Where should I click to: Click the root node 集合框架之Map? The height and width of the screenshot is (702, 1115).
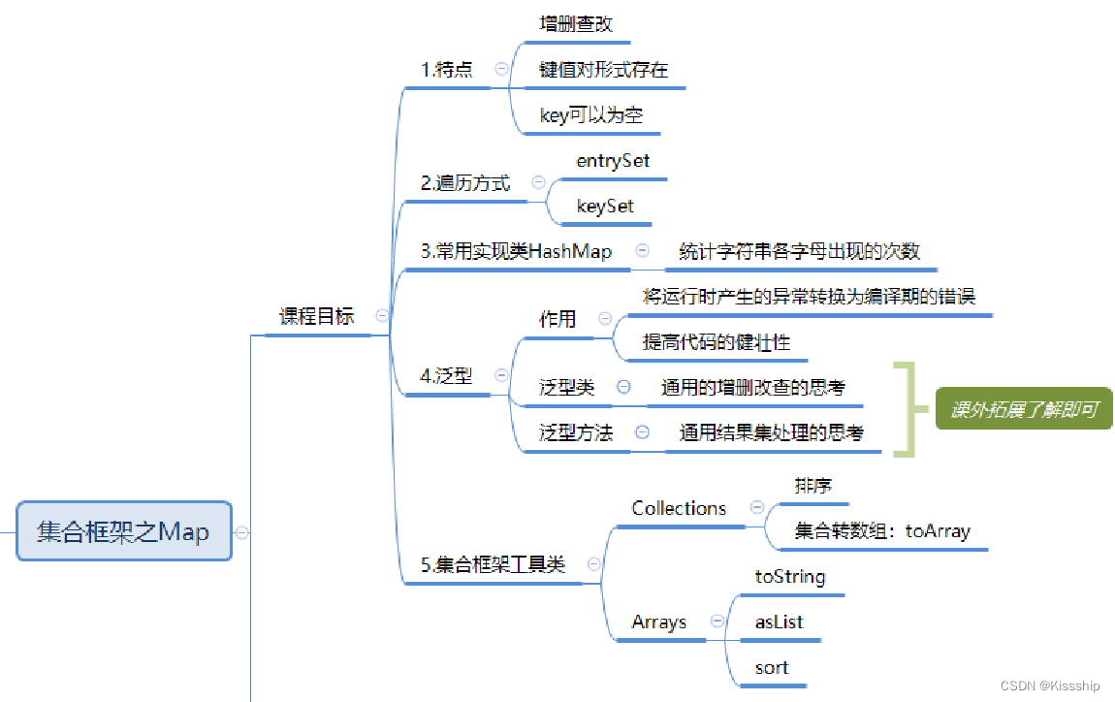pos(124,531)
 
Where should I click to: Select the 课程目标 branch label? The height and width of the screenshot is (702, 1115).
pos(317,316)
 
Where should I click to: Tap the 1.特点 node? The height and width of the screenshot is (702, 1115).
pos(447,70)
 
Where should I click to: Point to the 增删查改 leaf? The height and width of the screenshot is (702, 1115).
pos(576,24)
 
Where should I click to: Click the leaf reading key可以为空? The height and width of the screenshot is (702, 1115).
pos(591,116)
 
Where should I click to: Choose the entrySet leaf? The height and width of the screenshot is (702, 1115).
pos(613,161)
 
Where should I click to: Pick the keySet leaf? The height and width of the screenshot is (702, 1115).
pos(605,206)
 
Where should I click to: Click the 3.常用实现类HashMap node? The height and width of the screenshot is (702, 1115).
pos(517,252)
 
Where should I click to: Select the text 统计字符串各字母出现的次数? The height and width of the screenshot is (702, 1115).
pos(799,252)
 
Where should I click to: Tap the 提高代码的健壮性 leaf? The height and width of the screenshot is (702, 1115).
pos(717,342)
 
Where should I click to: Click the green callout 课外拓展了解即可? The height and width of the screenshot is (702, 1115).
pos(1024,410)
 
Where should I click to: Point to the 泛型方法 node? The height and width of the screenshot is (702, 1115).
pos(576,433)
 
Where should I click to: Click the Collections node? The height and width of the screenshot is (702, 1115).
pos(679,508)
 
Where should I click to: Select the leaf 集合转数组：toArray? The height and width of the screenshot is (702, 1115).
pos(882,531)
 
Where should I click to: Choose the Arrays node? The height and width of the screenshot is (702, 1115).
pos(659,622)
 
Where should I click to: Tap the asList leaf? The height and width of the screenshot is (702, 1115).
pos(779,622)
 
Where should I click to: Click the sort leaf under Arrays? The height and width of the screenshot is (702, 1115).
pos(772,668)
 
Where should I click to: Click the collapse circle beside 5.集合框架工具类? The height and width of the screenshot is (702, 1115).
pos(594,564)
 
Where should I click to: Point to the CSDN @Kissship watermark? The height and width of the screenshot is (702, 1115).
pos(1051,686)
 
